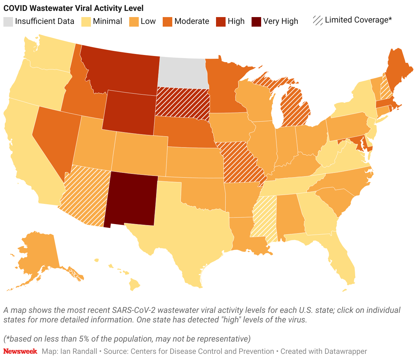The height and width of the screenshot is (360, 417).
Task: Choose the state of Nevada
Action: click(55, 137)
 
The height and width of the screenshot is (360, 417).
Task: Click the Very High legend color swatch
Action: click(256, 22)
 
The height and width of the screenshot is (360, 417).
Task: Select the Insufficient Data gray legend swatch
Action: click(8, 22)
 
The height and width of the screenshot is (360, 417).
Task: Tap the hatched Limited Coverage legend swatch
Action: click(318, 20)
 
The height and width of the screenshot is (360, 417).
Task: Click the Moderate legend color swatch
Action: click(167, 22)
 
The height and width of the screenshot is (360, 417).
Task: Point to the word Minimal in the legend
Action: click(107, 21)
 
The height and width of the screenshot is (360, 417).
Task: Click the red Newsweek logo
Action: click(20, 351)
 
